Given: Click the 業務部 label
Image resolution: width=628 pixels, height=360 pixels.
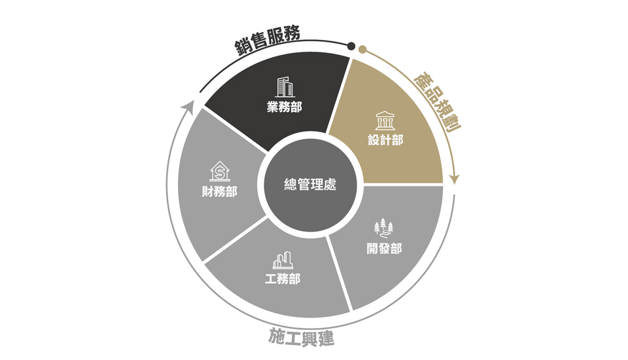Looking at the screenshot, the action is pos(285,107).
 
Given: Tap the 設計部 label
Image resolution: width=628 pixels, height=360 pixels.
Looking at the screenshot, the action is pos(385,140).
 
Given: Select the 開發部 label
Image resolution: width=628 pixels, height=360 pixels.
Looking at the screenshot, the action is pos(384,249).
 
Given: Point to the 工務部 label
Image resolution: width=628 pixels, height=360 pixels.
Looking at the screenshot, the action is pos(283,279).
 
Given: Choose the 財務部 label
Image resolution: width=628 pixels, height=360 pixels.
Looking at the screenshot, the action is pos(220,192).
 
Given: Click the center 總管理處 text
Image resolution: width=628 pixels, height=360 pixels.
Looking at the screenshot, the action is pos(310,185).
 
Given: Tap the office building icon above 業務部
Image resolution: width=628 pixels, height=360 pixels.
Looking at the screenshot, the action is pos(285,88).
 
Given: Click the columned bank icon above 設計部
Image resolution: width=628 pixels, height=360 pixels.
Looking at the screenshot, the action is pos(385,120).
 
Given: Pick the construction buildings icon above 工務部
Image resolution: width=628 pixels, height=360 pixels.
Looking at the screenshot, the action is pos(283,260).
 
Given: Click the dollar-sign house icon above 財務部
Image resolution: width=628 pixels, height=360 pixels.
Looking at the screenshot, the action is pos(220,171).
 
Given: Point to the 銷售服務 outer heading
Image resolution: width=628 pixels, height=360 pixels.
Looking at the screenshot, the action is pos(267,39).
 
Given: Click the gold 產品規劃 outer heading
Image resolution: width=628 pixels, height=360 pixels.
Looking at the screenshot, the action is pos(438,101).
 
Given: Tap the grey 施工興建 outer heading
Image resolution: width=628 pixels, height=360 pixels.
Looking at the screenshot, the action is pos(301,337).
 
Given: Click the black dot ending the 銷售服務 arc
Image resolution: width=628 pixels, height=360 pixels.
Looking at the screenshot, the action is pos(351,46).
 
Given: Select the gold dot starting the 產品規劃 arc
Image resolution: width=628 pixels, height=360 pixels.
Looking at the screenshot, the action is pos(362,50).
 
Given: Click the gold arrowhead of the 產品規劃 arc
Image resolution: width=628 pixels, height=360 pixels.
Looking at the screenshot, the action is pos(455,179).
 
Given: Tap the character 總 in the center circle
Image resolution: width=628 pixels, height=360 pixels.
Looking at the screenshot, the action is pos(290,185).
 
